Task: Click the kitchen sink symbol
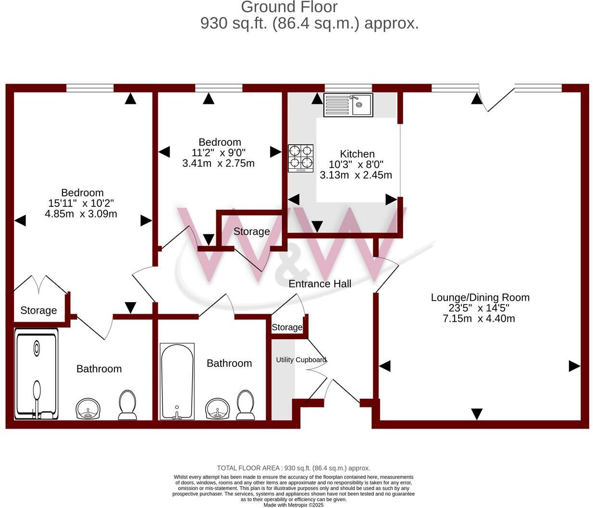click(348, 105)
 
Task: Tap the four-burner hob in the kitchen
click(301, 158)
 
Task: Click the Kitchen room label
click(357, 154)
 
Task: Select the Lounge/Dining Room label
click(480, 297)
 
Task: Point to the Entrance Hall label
click(320, 284)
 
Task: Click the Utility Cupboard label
click(301, 360)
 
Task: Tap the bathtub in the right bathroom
click(177, 381)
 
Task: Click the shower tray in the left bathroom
click(37, 373)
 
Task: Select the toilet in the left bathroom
click(127, 405)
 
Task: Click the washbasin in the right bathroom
click(218, 409)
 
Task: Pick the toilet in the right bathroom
click(246, 405)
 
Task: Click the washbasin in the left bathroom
click(88, 409)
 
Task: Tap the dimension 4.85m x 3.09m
click(81, 214)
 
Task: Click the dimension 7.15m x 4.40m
click(479, 318)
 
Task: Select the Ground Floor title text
click(289, 7)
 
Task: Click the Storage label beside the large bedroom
click(38, 311)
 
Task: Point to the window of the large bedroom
click(90, 88)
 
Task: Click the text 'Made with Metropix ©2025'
click(294, 505)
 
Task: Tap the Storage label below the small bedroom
click(251, 232)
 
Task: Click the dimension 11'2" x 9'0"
click(219, 153)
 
